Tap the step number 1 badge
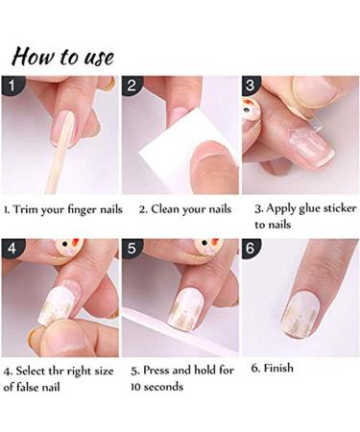[x=12, y=86]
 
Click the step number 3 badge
[x=252, y=86]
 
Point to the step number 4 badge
[x=12, y=249]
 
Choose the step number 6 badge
[x=252, y=249]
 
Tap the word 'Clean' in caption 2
[x=169, y=207]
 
